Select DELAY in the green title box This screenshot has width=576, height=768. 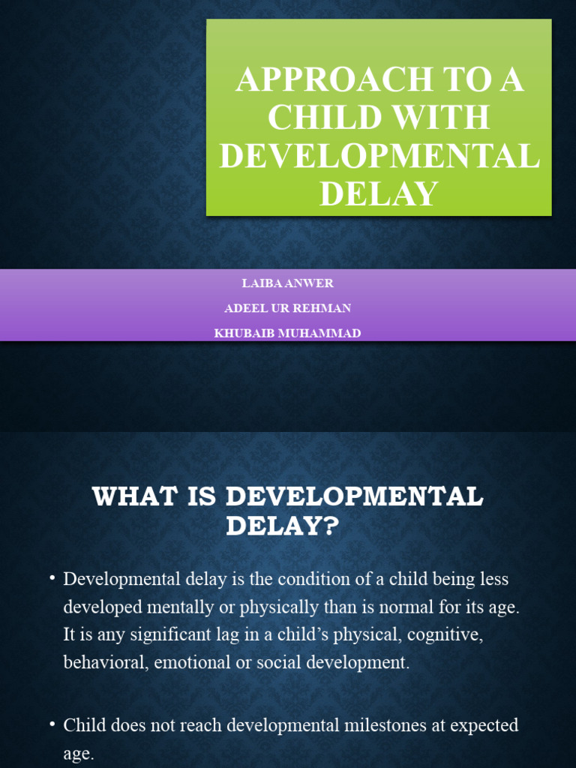tap(379, 193)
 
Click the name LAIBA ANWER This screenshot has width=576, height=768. tap(288, 283)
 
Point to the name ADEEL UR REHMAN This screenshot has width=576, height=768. tap(288, 308)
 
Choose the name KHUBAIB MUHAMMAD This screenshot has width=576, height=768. tap(288, 333)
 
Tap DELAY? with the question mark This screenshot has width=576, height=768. tap(283, 526)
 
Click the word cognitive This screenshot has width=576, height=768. tap(444, 635)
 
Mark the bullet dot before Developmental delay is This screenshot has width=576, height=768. tap(52, 580)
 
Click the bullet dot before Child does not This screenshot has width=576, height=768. tap(52, 725)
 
